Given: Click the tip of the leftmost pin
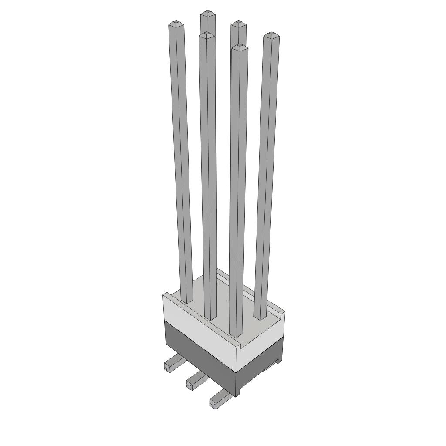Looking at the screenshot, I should click(176, 23).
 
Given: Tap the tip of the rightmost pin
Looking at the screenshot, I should click(271, 35).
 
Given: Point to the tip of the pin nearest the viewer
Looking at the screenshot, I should click(239, 46).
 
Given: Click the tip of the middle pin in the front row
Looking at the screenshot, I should click(207, 34).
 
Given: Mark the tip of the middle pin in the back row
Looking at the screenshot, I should click(238, 24).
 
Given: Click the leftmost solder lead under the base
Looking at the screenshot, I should click(172, 363).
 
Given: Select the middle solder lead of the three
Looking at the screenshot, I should click(195, 380).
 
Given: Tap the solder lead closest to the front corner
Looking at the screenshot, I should click(219, 399).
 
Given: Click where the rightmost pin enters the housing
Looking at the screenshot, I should click(260, 318).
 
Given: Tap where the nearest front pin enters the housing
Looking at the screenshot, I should click(235, 336).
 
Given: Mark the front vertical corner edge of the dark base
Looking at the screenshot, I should click(236, 383).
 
